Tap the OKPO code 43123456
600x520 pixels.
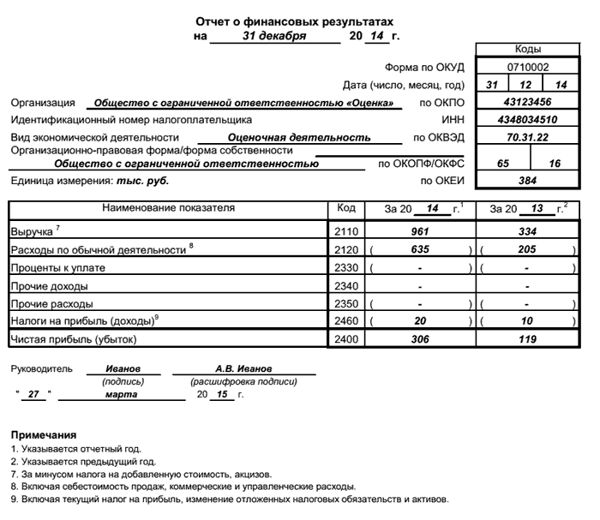coord(527,102)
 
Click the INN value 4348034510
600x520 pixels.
coord(527,120)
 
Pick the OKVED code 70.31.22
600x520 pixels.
coord(527,137)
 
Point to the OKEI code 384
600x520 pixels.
coord(527,181)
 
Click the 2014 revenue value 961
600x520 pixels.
coord(420,231)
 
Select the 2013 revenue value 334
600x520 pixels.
coord(527,231)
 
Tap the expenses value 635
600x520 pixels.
coord(420,249)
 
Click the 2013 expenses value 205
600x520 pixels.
coord(527,249)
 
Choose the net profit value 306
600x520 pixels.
coord(420,339)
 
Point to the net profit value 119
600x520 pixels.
coord(527,339)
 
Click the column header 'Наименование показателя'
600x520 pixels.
coord(168,208)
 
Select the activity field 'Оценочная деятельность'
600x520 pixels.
coord(298,137)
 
